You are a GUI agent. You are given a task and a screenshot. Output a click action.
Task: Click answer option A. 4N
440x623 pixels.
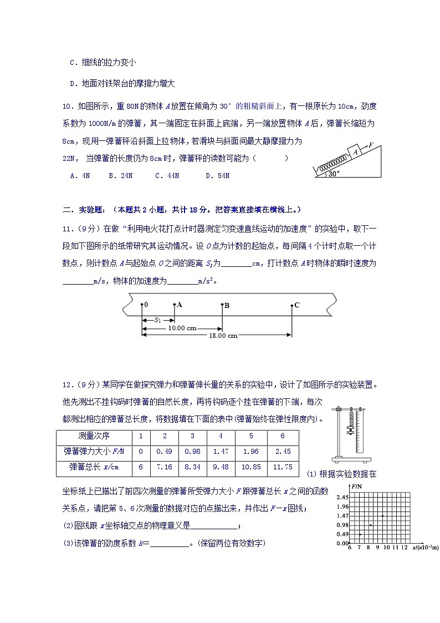[80, 176]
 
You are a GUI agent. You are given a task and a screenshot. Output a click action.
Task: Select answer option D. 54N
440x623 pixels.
[217, 176]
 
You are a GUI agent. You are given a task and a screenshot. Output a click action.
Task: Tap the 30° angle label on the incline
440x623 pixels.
[332, 174]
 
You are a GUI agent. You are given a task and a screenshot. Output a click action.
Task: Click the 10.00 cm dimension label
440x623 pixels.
[182, 328]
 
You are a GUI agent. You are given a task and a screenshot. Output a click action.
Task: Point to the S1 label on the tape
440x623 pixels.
[158, 320]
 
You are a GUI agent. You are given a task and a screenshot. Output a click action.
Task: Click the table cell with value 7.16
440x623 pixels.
[165, 467]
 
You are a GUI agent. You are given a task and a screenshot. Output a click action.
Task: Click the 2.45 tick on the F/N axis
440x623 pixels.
[341, 497]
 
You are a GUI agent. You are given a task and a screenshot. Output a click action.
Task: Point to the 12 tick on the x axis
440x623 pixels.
[405, 548]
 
